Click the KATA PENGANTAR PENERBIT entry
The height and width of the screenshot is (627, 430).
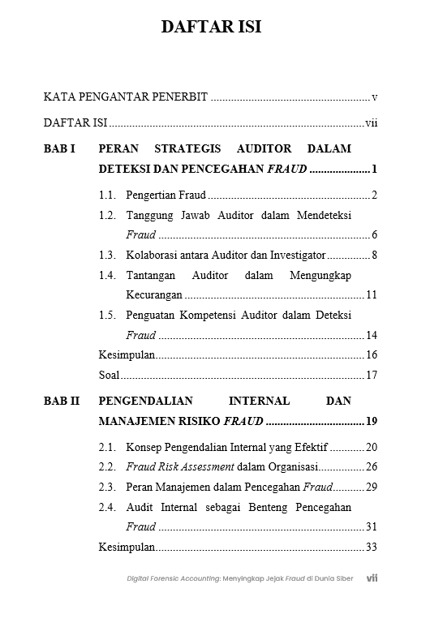tap(126, 97)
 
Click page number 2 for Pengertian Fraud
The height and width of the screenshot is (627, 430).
tap(374, 195)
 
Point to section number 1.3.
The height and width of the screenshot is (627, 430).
tap(107, 256)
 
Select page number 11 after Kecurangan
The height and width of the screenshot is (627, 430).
tap(372, 295)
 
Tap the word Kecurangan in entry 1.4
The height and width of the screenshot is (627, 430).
tap(154, 295)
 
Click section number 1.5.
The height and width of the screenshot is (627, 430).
tap(107, 315)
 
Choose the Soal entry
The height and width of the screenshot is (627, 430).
tap(109, 375)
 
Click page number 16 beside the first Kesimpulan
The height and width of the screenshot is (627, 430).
tap(372, 355)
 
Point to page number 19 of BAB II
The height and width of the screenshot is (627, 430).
tap(371, 421)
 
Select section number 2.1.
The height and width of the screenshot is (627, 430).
tap(107, 447)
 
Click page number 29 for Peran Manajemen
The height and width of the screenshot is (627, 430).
tap(372, 487)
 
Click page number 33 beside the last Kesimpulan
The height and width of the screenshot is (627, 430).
tap(372, 548)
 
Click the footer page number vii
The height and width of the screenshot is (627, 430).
tap(372, 578)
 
